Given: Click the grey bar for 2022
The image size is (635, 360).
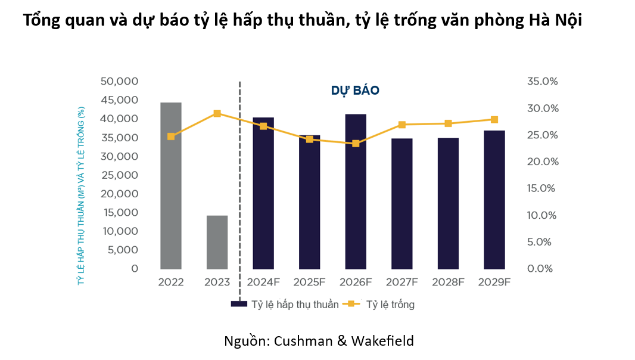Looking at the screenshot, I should (x=171, y=185).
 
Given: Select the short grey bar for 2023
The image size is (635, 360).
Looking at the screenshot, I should (x=217, y=241).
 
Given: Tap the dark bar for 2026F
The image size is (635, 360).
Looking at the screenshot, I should (x=356, y=191).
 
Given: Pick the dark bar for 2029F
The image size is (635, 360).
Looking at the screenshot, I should (x=494, y=199).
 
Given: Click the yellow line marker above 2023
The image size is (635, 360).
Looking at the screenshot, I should (x=217, y=113).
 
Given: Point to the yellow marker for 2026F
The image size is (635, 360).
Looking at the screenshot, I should (x=356, y=144).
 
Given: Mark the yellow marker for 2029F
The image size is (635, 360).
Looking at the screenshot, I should (x=494, y=120).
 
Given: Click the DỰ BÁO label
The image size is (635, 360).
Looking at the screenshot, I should (x=355, y=91).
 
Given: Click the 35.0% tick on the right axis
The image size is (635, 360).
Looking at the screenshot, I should (x=542, y=81).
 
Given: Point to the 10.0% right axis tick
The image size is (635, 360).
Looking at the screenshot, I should (x=542, y=215).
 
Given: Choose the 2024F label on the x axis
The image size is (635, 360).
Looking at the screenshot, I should (x=263, y=283).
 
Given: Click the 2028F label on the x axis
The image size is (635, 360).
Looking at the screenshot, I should (x=448, y=283).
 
